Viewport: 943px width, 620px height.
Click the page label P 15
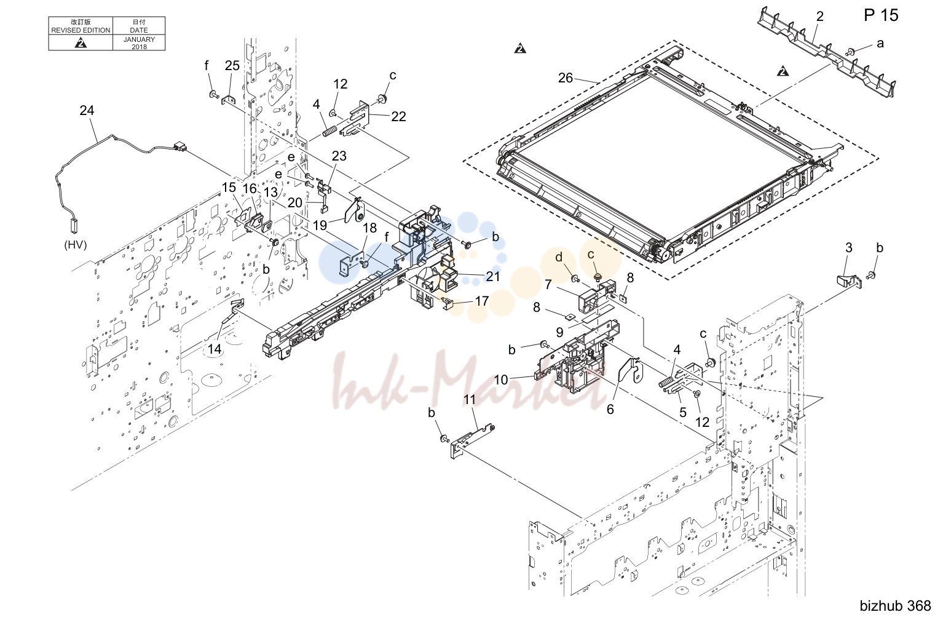coord(881,15)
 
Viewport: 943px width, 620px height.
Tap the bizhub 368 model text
coord(895,606)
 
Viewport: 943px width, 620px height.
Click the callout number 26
coord(566,78)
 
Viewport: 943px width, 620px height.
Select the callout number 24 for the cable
coord(87,110)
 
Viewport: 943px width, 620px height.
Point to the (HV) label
coord(76,245)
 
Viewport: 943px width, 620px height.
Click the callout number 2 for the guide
coord(819,17)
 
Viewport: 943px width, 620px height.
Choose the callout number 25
coord(232,66)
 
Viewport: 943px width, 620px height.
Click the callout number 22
coord(398,116)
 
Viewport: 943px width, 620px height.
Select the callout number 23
coord(339,156)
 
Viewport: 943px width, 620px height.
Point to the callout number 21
coord(492,276)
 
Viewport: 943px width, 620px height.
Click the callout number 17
coord(481,301)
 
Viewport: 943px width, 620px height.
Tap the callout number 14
coord(215,349)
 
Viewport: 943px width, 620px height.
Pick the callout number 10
coord(500,380)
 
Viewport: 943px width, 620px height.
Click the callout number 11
coord(470,399)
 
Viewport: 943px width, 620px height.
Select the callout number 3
coord(849,248)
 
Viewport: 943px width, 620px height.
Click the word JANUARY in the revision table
coord(139,39)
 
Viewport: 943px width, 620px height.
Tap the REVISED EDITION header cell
coord(81,26)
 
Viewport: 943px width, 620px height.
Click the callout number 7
coord(548,285)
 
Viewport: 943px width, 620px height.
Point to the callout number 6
coord(610,409)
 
